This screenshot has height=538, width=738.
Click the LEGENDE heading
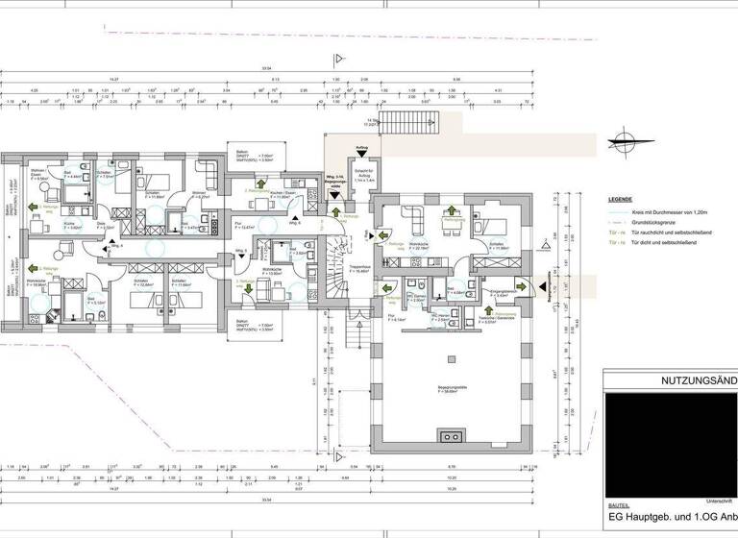621,200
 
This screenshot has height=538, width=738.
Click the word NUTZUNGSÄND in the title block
699,379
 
